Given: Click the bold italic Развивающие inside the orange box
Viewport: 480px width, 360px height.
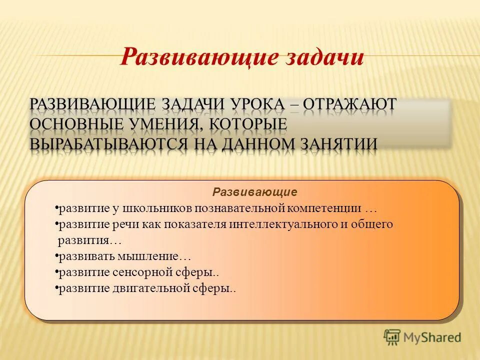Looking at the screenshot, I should (255, 192).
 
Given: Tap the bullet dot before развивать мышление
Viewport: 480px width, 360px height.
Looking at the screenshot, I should (56, 256).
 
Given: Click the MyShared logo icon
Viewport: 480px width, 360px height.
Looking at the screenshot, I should (392, 336).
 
